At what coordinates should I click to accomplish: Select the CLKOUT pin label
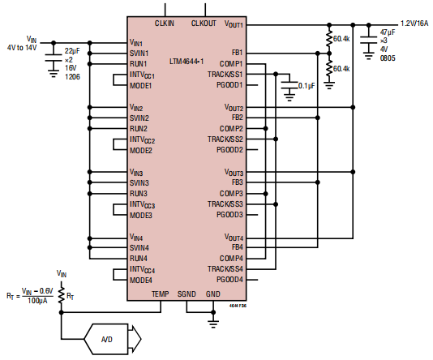pyautogui.click(x=204, y=24)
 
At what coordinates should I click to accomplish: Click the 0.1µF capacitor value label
pyautogui.click(x=307, y=85)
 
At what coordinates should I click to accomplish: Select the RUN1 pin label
pyautogui.click(x=139, y=63)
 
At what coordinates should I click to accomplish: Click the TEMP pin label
pyautogui.click(x=160, y=294)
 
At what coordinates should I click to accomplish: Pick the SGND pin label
pyautogui.click(x=186, y=294)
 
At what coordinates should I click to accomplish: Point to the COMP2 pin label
pyautogui.click(x=232, y=128)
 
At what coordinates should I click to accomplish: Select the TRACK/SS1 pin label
pyautogui.click(x=225, y=75)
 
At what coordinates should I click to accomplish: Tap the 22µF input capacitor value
pyautogui.click(x=71, y=51)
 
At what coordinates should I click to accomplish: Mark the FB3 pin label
pyautogui.click(x=238, y=182)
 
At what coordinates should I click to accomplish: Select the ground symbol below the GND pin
pyautogui.click(x=213, y=322)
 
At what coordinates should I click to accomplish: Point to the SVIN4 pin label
pyautogui.click(x=139, y=247)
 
